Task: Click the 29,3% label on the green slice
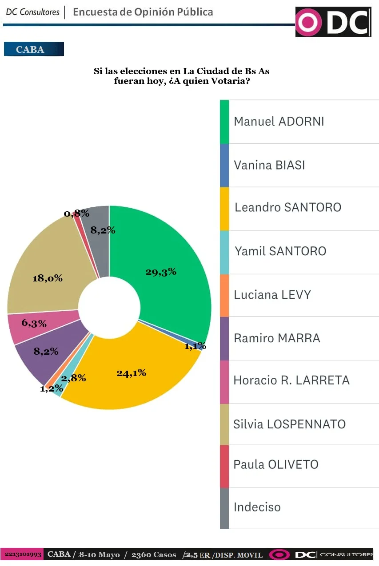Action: pos(161,272)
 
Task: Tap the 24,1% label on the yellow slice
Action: pos(132,373)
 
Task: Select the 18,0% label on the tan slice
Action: pos(48,278)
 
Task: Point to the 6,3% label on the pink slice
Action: pos(34,323)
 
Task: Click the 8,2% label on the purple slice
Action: pos(46,351)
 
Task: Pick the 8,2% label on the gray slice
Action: pos(103,230)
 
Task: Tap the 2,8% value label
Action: pos(73,378)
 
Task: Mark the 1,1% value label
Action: pos(195,346)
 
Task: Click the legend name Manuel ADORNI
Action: pos(279,121)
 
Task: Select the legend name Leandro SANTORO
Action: pos(287,207)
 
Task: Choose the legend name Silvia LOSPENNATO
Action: pos(289,424)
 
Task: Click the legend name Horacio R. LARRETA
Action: pos(291,380)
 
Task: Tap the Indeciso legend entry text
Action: pos(257,507)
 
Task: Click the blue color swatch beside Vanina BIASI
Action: pos(224,165)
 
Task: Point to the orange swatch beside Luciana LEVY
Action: pos(224,295)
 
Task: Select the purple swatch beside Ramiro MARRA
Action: pos(224,338)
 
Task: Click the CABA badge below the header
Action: pos(34,49)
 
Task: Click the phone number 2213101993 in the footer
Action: pos(23,554)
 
